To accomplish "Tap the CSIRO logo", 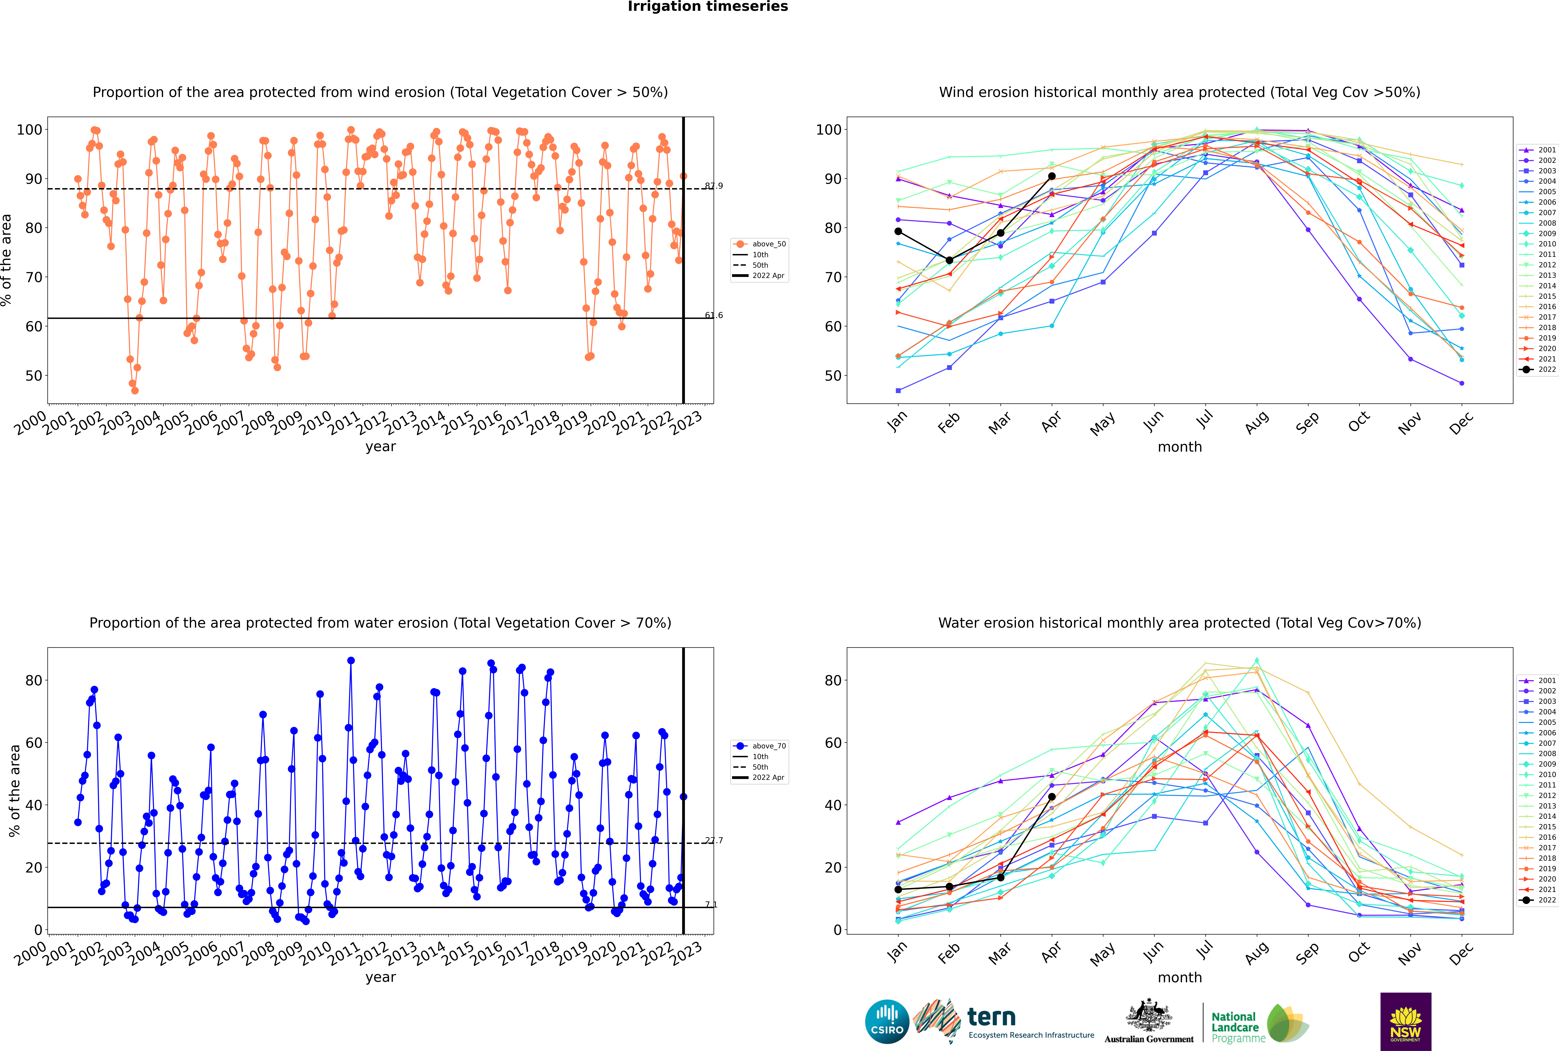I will pos(887,1022).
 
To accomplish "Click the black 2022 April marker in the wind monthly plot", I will pos(1052,176).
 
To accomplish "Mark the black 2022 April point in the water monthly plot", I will pos(1052,797).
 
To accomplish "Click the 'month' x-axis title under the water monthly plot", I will pos(1180,977).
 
